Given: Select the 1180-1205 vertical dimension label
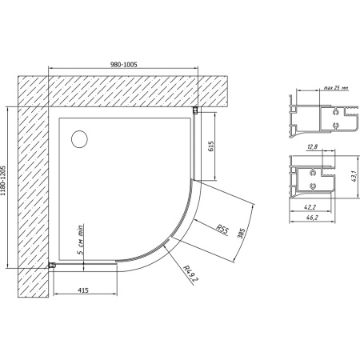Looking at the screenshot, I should [9, 187].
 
